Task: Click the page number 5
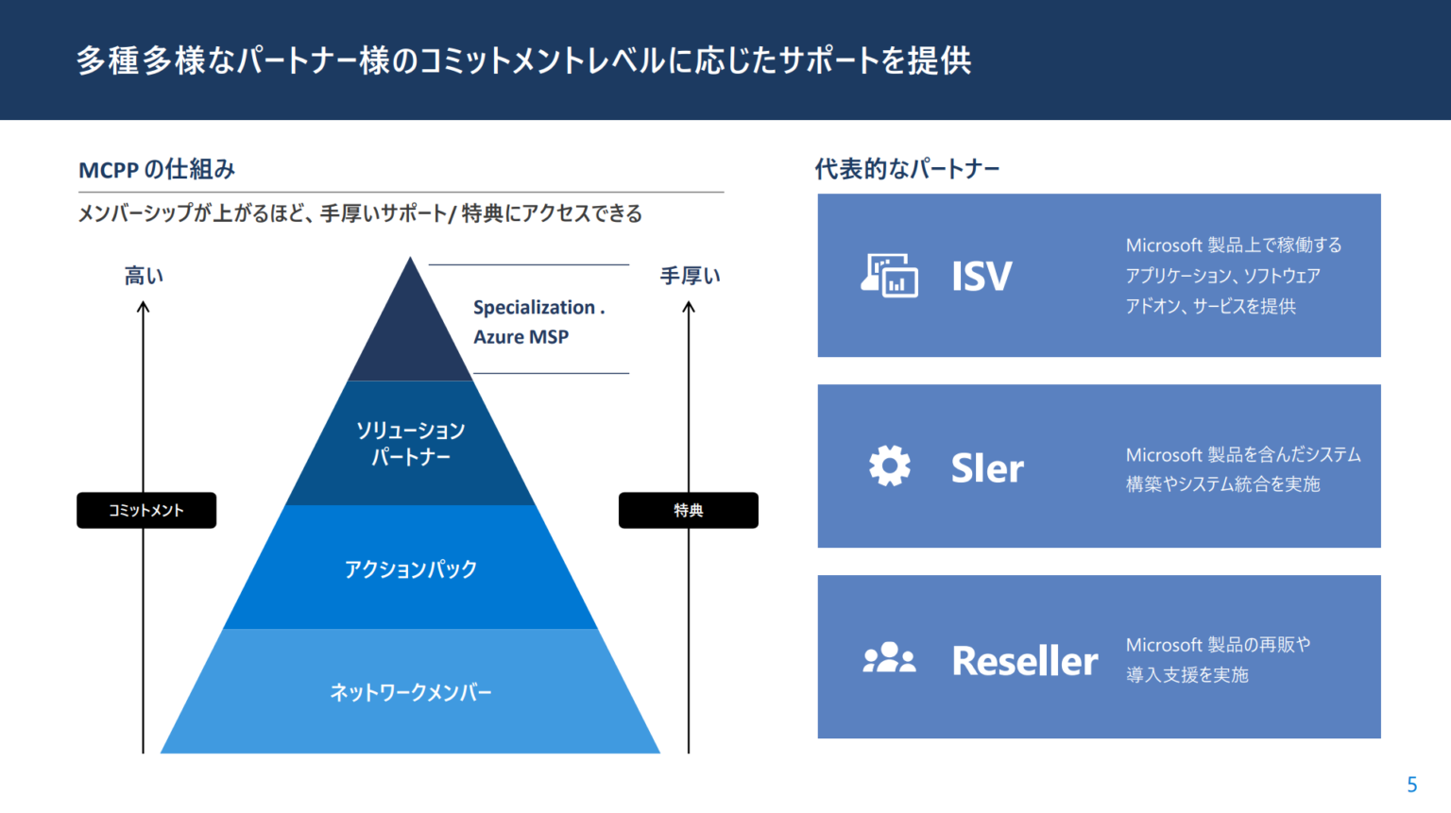coord(1411,785)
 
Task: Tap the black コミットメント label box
coord(146,510)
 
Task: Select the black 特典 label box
coord(688,510)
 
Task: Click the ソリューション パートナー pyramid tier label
coord(410,444)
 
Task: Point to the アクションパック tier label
coord(410,569)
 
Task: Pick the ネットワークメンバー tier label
coord(410,692)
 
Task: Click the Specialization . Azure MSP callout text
coord(538,322)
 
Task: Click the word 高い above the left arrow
coord(144,276)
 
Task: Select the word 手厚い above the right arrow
coord(690,276)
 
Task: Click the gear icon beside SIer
coord(889,466)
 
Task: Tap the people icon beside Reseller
coord(889,658)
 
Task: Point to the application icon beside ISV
coord(889,275)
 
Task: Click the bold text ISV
coord(982,277)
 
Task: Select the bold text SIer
coord(987,468)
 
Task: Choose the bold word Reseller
coord(1025,661)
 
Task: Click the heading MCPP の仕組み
coord(157,170)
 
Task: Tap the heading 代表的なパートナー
coord(907,169)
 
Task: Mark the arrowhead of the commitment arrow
coord(144,307)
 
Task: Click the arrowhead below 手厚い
coord(689,307)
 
